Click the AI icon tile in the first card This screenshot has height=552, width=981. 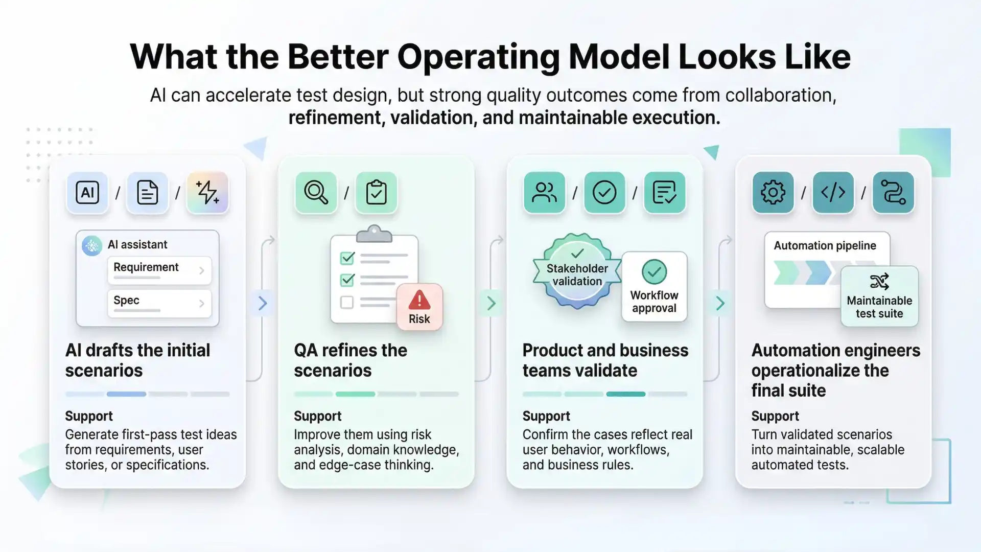(x=87, y=193)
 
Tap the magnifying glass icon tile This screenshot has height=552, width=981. (x=316, y=193)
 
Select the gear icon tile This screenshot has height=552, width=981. (x=773, y=193)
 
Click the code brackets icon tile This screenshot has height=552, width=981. (x=833, y=193)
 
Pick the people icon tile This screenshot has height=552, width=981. (x=544, y=193)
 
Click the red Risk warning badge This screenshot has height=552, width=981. (x=419, y=307)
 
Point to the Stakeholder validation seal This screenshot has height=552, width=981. (x=577, y=271)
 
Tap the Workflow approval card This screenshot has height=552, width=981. (x=654, y=287)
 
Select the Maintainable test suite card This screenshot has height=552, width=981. (x=879, y=296)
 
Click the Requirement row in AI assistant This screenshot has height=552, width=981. (x=159, y=269)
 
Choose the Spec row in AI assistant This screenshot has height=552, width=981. (x=159, y=303)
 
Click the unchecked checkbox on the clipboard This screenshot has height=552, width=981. (x=347, y=302)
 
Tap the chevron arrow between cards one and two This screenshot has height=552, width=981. (x=263, y=303)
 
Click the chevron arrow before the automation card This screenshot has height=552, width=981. (x=720, y=303)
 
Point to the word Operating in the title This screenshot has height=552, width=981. (x=478, y=57)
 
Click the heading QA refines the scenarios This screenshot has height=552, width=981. (x=351, y=360)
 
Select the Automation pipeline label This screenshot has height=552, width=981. (x=825, y=245)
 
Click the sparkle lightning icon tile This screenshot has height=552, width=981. (x=207, y=193)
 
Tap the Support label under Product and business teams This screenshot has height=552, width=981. (x=546, y=416)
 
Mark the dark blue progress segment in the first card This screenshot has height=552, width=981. (x=126, y=394)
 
